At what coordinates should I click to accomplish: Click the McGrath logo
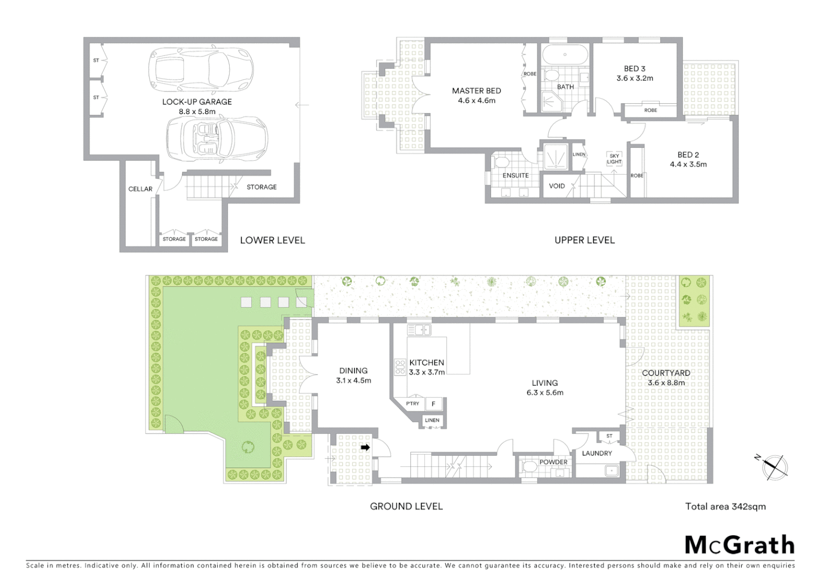[x=739, y=545]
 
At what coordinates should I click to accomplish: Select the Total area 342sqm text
[x=725, y=506]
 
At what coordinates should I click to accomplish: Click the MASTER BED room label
[x=476, y=91]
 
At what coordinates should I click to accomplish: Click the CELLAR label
[x=140, y=189]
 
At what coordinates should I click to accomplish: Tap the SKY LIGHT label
[x=614, y=159]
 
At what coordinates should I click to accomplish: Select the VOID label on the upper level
[x=557, y=186]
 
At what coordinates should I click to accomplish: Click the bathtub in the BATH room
[x=565, y=55]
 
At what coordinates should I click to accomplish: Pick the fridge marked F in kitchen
[x=434, y=403]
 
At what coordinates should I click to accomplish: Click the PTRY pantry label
[x=413, y=403]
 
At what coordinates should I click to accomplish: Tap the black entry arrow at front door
[x=365, y=447]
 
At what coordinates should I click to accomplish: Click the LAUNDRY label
[x=597, y=454]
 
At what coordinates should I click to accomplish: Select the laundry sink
[x=612, y=471]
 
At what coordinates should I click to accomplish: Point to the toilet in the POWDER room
[x=527, y=469]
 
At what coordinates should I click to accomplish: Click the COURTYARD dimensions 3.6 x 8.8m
[x=666, y=383]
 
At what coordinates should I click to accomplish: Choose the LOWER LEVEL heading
[x=272, y=240]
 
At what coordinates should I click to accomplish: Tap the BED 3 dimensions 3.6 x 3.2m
[x=635, y=79]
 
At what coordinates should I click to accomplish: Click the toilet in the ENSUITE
[x=501, y=162]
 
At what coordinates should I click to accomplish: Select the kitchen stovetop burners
[x=400, y=367]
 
